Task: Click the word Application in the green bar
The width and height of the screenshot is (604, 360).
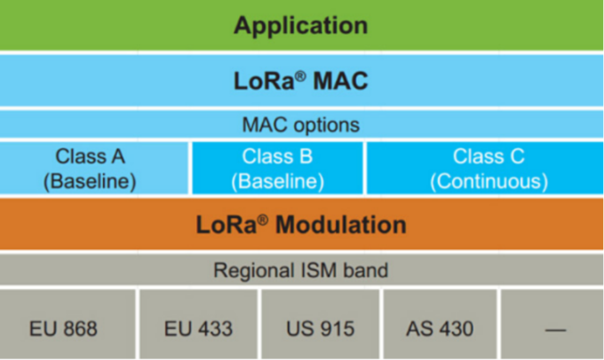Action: [x=301, y=26]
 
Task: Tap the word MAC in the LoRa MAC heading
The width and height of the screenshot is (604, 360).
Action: [x=340, y=81]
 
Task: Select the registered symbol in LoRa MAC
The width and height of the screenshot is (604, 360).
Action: [x=300, y=76]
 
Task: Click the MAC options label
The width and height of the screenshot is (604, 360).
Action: [x=301, y=124]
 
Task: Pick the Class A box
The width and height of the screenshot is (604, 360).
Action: [x=94, y=168]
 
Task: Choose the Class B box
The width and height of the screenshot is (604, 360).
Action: [x=277, y=168]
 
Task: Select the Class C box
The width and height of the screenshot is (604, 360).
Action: [x=485, y=168]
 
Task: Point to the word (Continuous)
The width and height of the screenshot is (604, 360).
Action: [x=489, y=181]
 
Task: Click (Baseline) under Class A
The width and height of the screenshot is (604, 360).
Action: [x=90, y=181]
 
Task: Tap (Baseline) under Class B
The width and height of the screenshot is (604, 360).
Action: [x=277, y=181]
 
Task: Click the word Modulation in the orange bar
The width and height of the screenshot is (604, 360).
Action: [x=341, y=225]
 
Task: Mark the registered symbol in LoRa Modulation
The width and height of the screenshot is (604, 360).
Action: [x=263, y=220]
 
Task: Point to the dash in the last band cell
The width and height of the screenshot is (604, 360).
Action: [x=555, y=330]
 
